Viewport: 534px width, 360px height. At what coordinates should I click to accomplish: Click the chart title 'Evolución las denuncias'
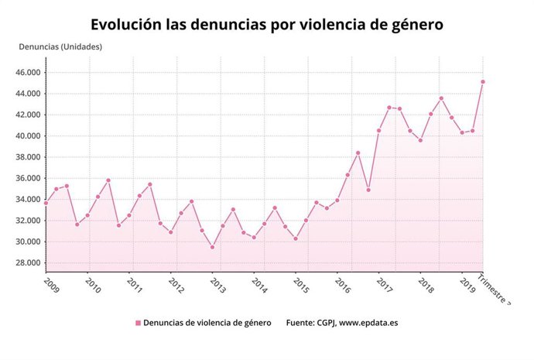click(x=267, y=24)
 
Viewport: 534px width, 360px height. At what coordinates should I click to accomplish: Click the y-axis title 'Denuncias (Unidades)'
click(x=60, y=46)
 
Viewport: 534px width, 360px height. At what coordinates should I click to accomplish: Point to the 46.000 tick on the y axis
click(x=29, y=73)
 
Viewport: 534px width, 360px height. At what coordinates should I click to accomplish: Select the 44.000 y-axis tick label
click(x=29, y=94)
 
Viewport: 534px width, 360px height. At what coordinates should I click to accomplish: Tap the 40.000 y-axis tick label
click(x=29, y=136)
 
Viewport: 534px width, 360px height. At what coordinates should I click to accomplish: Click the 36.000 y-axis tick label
click(x=29, y=178)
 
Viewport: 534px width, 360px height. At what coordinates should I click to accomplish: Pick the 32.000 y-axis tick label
click(x=29, y=221)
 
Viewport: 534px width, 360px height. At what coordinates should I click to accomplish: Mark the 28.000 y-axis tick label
click(x=29, y=263)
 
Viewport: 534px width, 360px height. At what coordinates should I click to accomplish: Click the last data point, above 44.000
click(x=483, y=81)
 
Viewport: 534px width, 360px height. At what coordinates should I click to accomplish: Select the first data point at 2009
click(x=46, y=203)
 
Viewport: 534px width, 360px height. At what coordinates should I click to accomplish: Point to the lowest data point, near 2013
click(x=213, y=247)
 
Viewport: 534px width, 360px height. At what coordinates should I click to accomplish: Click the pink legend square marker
click(x=139, y=323)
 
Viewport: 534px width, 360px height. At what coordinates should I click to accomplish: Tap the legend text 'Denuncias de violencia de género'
click(x=207, y=323)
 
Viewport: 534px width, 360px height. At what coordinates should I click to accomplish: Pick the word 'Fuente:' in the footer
click(x=302, y=323)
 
